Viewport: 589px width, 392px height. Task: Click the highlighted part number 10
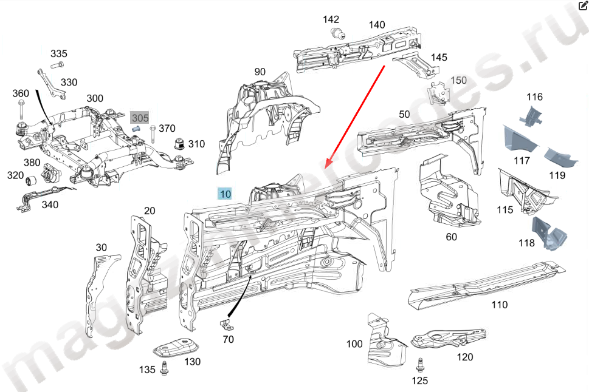pyautogui.click(x=226, y=194)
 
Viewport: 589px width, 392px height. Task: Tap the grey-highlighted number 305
pyautogui.click(x=140, y=117)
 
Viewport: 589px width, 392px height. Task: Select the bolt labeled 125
pyautogui.click(x=419, y=365)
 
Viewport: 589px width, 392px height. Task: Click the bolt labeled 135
pyautogui.click(x=165, y=368)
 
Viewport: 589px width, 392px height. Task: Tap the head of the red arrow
pyautogui.click(x=328, y=165)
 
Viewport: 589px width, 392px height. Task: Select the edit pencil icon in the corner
pyautogui.click(x=582, y=5)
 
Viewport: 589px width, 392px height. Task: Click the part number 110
pyautogui.click(x=499, y=305)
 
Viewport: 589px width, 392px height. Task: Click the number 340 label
pyautogui.click(x=50, y=205)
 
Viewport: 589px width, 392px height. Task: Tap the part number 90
pyautogui.click(x=260, y=72)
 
